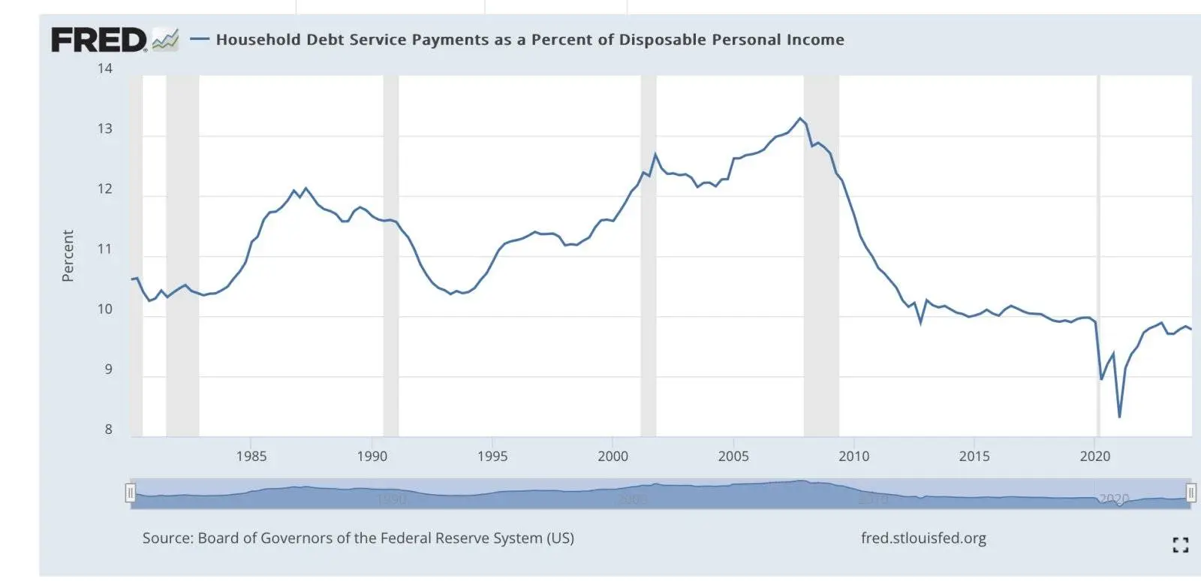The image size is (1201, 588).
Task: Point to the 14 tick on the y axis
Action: pyautogui.click(x=104, y=68)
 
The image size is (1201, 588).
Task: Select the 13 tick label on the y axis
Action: pyautogui.click(x=104, y=128)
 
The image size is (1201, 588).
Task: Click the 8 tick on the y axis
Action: pyautogui.click(x=108, y=430)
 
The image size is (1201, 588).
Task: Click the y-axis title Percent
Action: pyautogui.click(x=68, y=256)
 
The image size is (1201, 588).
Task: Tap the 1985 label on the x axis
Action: pyautogui.click(x=251, y=457)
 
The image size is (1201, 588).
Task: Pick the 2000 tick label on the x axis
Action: pyautogui.click(x=613, y=457)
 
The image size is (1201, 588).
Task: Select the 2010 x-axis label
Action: pyautogui.click(x=853, y=457)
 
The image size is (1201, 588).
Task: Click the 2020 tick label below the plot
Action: pyautogui.click(x=1094, y=457)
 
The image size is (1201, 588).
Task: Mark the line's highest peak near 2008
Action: pyautogui.click(x=800, y=119)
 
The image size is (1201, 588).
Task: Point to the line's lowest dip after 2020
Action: pyautogui.click(x=1119, y=417)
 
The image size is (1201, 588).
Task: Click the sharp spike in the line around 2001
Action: pyautogui.click(x=655, y=155)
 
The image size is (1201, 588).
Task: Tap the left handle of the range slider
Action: pyautogui.click(x=131, y=493)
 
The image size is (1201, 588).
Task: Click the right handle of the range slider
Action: pyautogui.click(x=1190, y=493)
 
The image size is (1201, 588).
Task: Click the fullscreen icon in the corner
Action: pyautogui.click(x=1180, y=545)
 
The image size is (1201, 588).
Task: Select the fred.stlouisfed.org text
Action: pyautogui.click(x=923, y=538)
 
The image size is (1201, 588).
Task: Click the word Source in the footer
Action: pyautogui.click(x=167, y=538)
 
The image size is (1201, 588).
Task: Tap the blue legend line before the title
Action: pyautogui.click(x=199, y=39)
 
